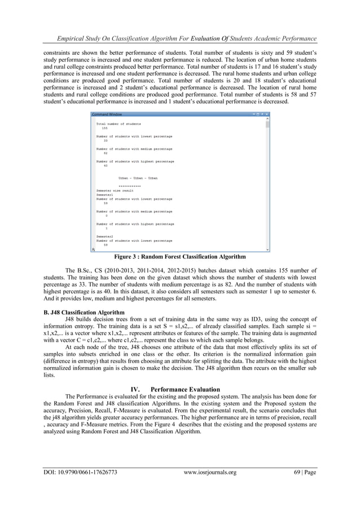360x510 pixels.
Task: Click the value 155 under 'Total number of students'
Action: point(104,128)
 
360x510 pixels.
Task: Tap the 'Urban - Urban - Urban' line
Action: point(138,178)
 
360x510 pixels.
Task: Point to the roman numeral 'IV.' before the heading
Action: point(135,389)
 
